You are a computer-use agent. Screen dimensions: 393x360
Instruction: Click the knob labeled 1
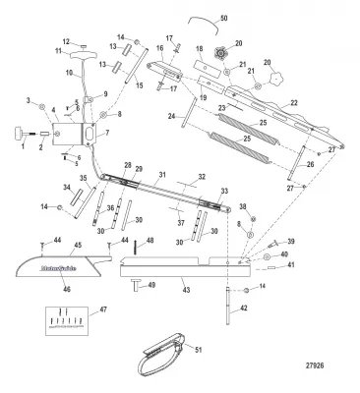pyautogui.click(x=19, y=134)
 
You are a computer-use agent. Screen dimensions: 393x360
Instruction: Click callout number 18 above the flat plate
pyautogui.click(x=199, y=48)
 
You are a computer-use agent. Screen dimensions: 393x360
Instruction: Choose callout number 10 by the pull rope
pyautogui.click(x=69, y=72)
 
